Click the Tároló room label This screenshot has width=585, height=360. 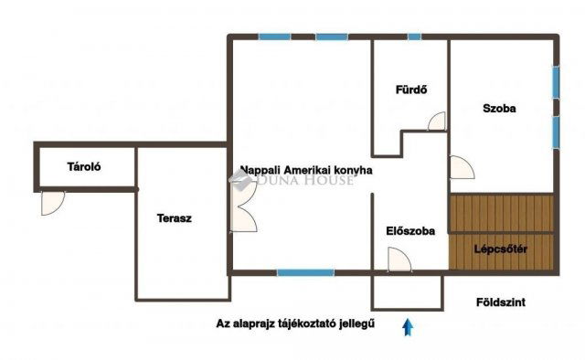point(83,167)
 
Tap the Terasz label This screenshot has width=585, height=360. point(174,219)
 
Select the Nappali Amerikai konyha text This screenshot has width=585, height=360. point(306,169)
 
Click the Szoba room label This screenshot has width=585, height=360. point(500,108)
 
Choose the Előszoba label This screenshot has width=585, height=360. point(410,230)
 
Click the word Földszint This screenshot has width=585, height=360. point(501,302)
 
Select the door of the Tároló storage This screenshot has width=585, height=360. point(53,202)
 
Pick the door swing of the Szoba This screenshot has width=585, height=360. point(462,168)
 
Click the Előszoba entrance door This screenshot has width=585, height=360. point(401,260)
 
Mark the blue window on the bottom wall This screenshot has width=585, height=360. point(305,271)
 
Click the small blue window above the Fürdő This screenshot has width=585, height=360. point(414,37)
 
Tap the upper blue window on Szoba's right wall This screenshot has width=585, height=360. point(555,79)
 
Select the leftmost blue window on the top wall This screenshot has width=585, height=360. point(272,37)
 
